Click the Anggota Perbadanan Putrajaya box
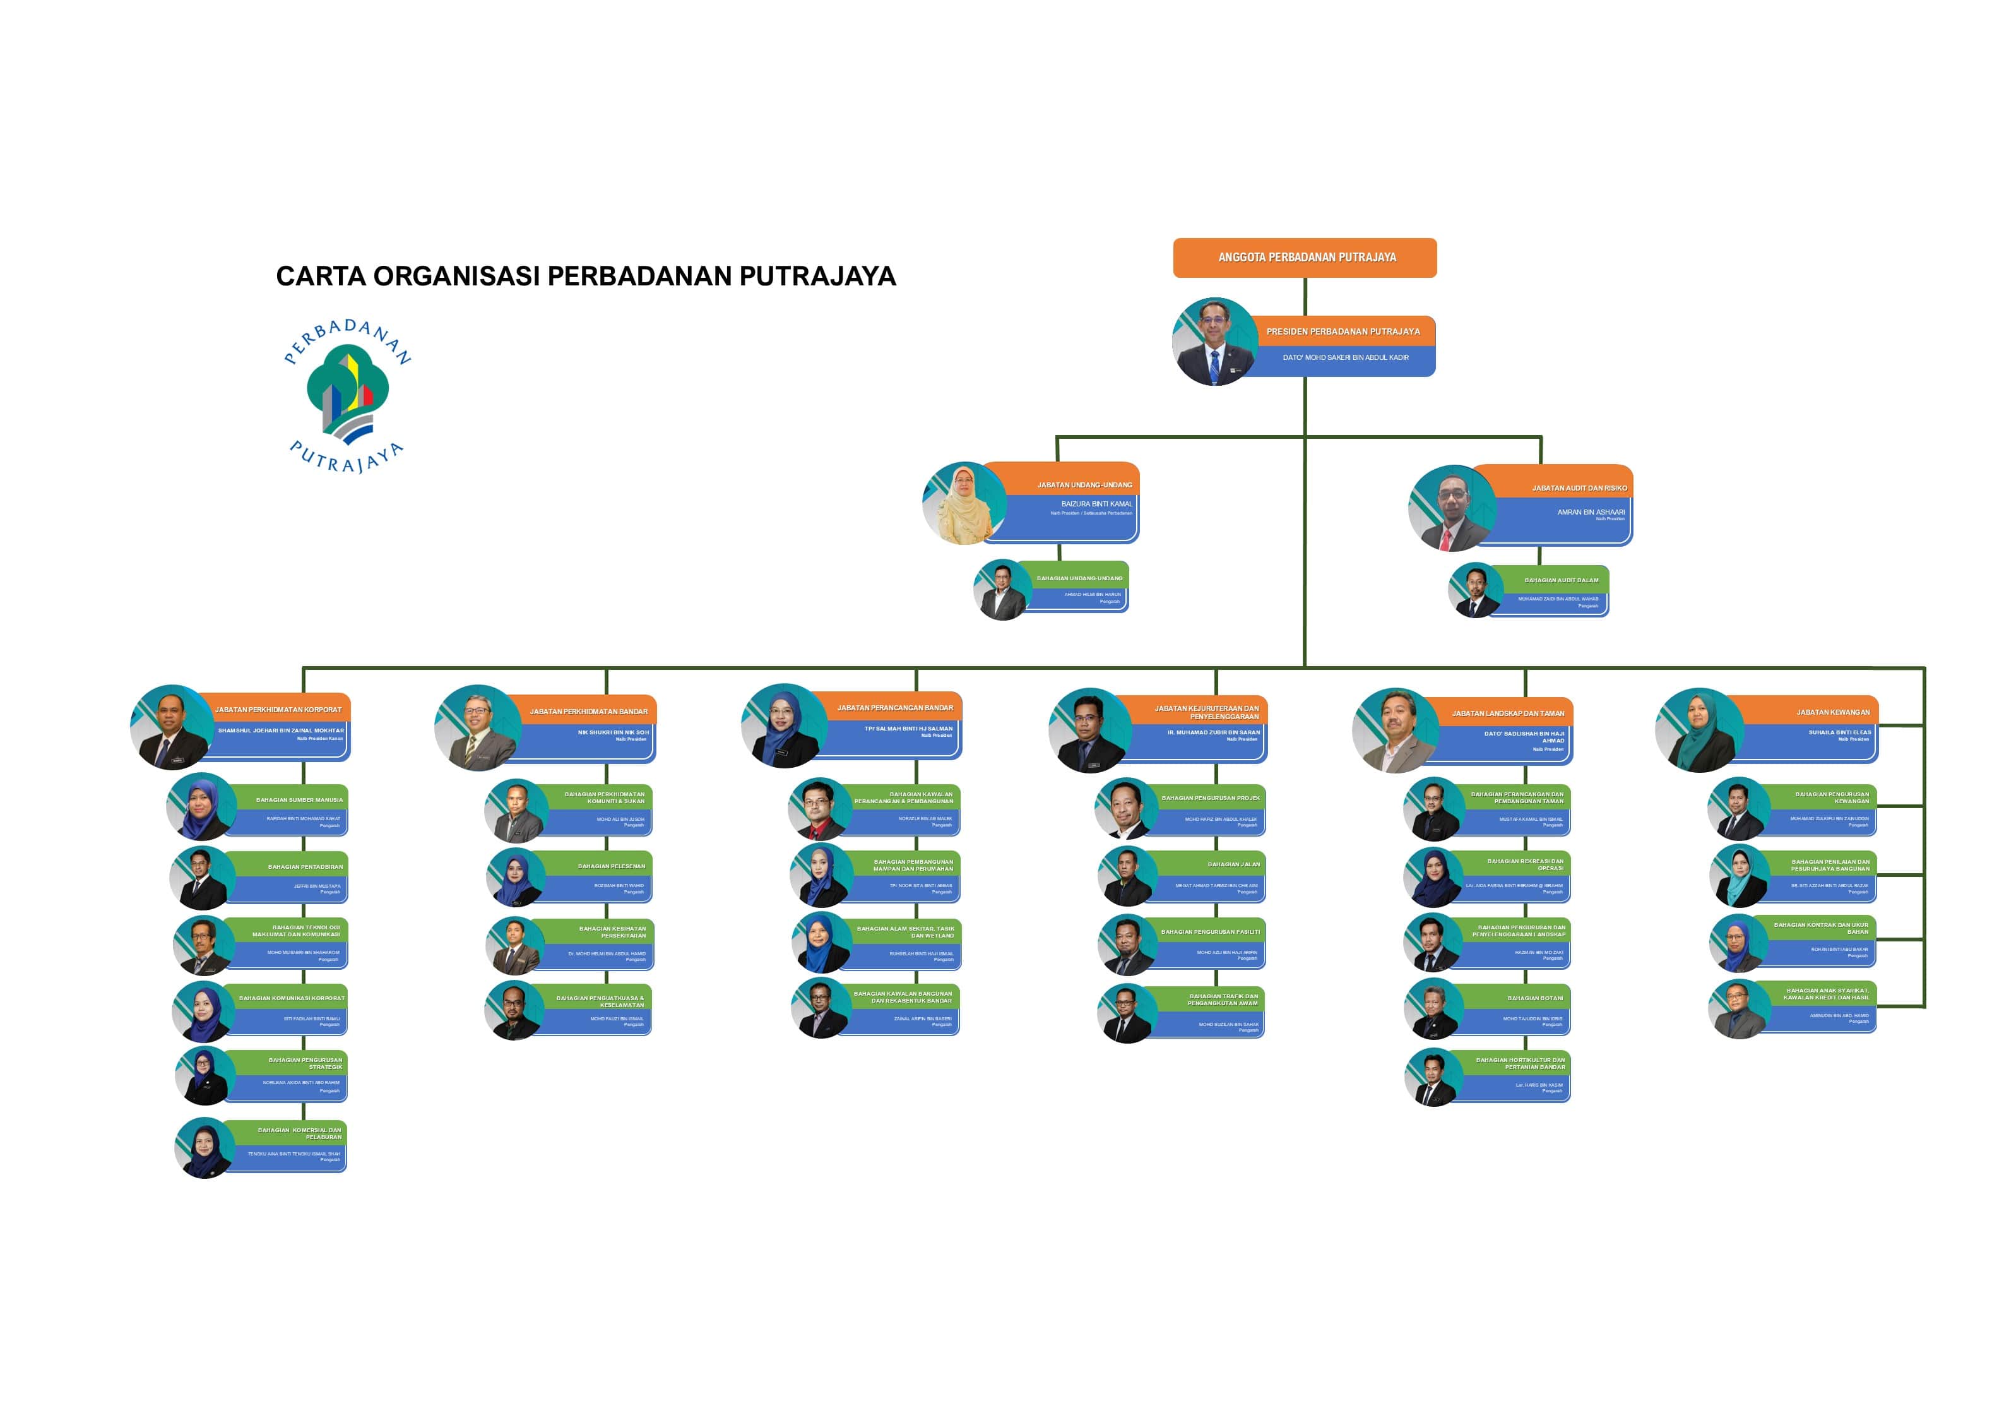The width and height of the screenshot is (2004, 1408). tap(1305, 258)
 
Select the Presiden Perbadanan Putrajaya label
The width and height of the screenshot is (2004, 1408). tap(1343, 331)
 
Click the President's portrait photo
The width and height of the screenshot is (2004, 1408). tap(1215, 342)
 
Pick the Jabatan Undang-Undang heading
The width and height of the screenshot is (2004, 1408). tap(1084, 484)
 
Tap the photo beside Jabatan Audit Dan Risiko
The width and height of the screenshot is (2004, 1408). tap(1452, 508)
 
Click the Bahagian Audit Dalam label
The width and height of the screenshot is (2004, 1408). tap(1561, 580)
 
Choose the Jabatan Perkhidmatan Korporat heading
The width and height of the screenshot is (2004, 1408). tap(278, 710)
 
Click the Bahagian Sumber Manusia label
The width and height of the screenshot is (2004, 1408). tap(299, 799)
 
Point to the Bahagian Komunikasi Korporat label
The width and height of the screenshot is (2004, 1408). tap(292, 998)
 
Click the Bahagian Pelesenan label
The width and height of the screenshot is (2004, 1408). tap(611, 866)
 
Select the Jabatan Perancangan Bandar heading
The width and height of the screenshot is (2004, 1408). tap(894, 708)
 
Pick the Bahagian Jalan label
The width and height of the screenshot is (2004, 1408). tap(1233, 864)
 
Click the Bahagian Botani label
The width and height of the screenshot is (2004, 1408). tap(1534, 998)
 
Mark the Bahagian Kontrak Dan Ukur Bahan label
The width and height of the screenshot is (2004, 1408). tap(1821, 928)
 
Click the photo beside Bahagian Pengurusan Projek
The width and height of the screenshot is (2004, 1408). tap(1125, 808)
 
